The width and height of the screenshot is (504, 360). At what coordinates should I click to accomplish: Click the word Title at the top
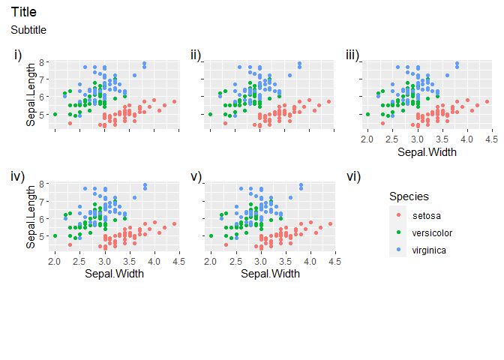(x=24, y=13)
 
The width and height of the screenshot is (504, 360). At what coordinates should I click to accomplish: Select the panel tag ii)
(x=196, y=55)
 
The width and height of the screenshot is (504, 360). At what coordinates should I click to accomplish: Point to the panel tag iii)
(x=352, y=55)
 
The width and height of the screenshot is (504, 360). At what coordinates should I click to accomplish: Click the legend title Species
(x=409, y=196)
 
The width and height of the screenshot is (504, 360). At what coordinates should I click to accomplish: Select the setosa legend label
(x=426, y=216)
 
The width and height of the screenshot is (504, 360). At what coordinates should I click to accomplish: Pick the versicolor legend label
(x=432, y=232)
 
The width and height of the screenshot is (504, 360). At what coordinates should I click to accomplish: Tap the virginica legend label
(x=430, y=249)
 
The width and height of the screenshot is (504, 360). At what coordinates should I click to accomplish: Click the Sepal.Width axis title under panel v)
(x=270, y=274)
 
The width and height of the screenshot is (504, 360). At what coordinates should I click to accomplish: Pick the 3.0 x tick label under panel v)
(x=260, y=262)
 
